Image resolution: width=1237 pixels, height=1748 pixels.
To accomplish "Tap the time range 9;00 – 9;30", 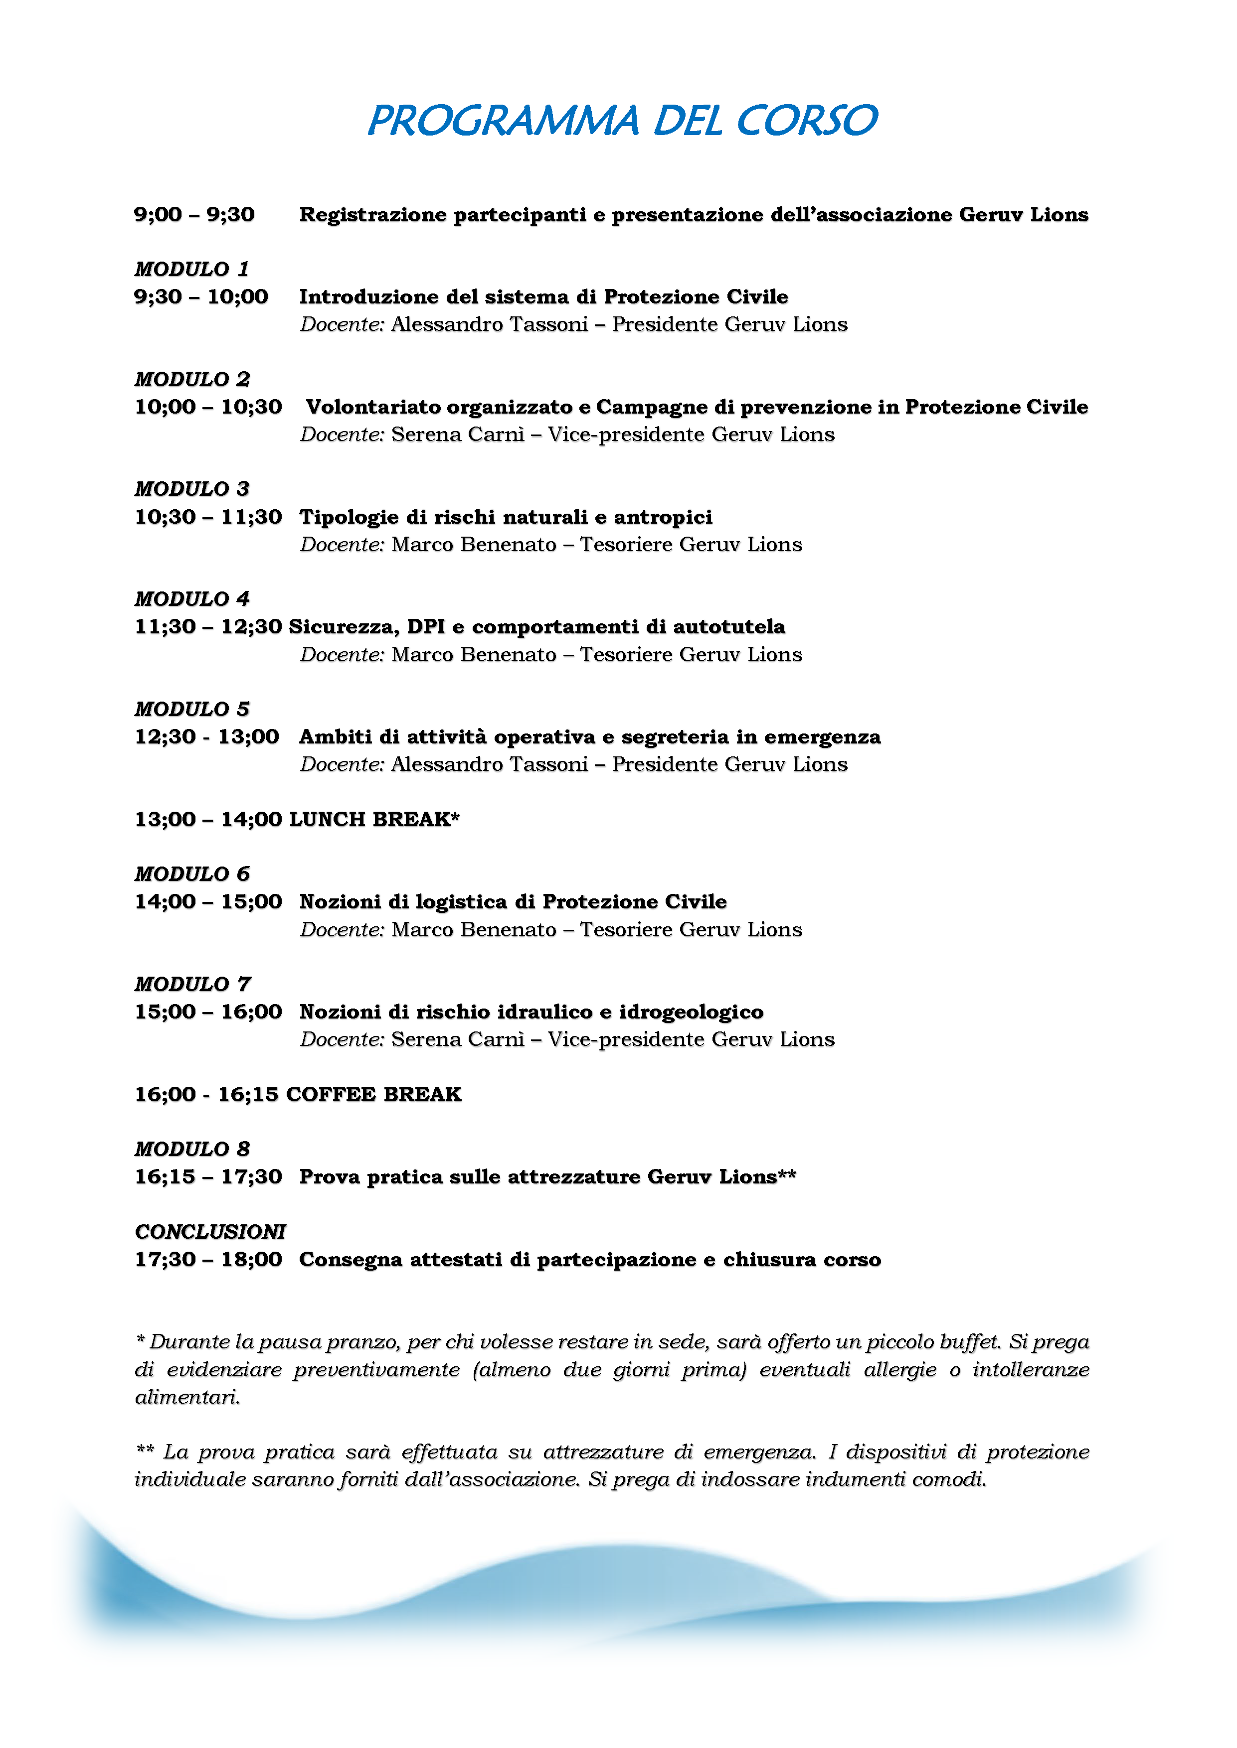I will click(x=194, y=215).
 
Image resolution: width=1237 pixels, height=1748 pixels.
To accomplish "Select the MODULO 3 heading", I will click(x=192, y=489).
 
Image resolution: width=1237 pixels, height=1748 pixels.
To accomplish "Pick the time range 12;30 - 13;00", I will click(x=206, y=737).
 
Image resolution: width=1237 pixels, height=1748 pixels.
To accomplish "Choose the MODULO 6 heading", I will click(x=192, y=874).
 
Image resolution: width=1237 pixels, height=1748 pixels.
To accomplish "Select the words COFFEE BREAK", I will click(x=373, y=1095).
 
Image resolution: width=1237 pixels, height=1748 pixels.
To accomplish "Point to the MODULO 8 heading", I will click(x=192, y=1149).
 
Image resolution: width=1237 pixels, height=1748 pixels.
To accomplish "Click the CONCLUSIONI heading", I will click(x=210, y=1232).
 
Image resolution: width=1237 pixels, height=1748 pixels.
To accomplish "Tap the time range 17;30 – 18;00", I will click(x=208, y=1260).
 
